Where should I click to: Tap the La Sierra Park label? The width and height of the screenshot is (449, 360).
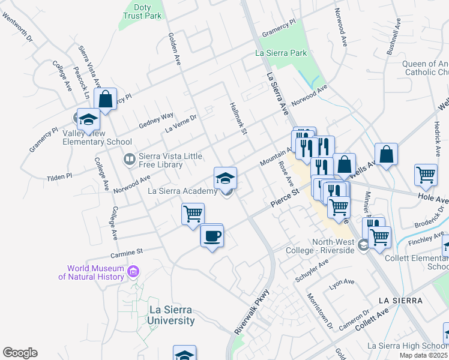click(281, 53)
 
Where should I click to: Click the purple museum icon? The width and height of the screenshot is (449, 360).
click(133, 272)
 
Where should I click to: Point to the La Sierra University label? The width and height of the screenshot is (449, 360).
click(171, 315)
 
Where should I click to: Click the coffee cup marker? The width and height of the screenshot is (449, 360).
click(212, 236)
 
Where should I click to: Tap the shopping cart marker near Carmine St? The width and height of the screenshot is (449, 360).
click(193, 214)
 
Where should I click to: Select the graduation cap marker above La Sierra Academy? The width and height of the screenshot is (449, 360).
click(226, 178)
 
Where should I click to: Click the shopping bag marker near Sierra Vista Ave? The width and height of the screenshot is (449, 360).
click(106, 100)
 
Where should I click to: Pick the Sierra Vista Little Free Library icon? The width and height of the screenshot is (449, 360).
click(129, 160)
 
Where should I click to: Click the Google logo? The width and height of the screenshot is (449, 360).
click(20, 353)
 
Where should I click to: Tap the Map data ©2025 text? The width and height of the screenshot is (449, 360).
click(423, 355)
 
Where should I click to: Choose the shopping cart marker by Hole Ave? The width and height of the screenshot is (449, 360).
click(426, 175)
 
